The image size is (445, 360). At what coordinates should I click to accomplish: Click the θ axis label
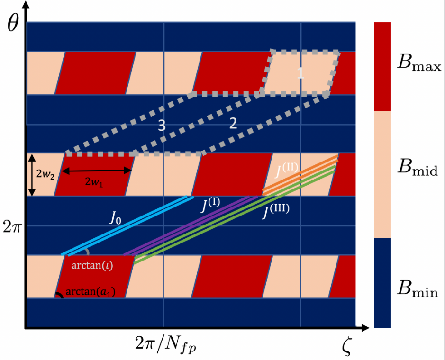(14, 22)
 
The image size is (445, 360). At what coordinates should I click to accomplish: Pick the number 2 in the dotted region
(233, 123)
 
